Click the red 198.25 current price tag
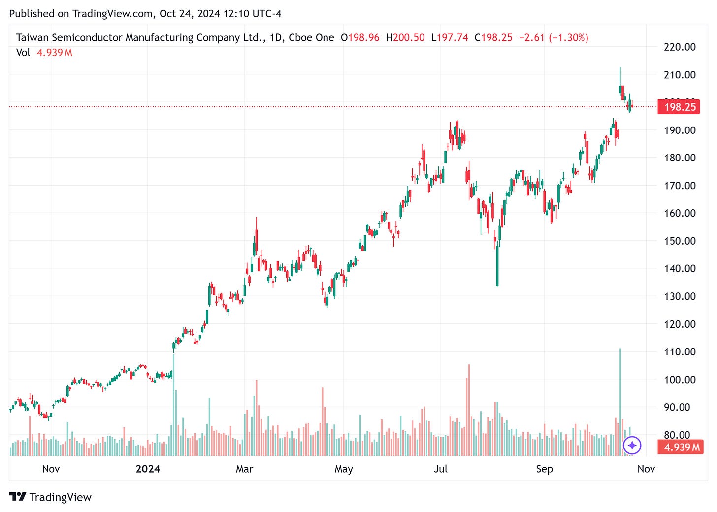[x=680, y=107]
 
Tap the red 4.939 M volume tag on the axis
[x=680, y=447]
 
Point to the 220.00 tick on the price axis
[x=680, y=47]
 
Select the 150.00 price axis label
[x=680, y=241]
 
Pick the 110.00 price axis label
[x=680, y=352]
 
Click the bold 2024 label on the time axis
[x=148, y=469]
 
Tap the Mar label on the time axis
[x=244, y=469]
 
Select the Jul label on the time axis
[x=440, y=469]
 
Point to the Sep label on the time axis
[x=544, y=469]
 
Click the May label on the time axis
[x=343, y=469]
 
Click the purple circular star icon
[x=632, y=446]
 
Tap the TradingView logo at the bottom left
[x=50, y=497]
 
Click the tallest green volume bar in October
[x=620, y=401]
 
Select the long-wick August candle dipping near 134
[x=497, y=266]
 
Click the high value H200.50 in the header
[x=405, y=37]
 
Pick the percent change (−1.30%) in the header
[x=568, y=37]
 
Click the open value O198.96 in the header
[x=360, y=37]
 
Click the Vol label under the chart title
[x=23, y=53]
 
